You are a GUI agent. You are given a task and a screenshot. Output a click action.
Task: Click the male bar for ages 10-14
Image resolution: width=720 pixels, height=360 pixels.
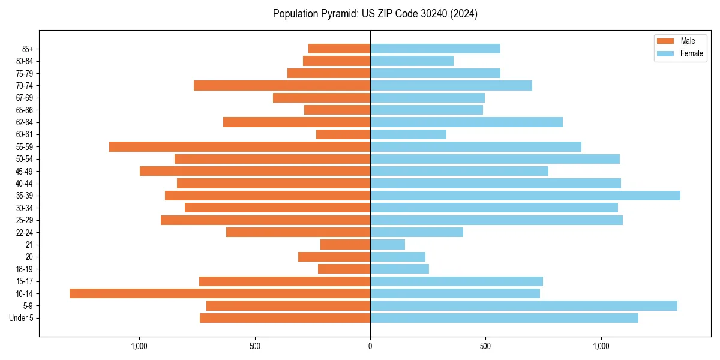coord(220,293)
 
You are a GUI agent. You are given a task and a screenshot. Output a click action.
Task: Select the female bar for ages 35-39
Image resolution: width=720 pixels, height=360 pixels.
coord(525,196)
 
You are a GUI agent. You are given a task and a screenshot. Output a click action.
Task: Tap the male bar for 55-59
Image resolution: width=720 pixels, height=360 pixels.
coord(239,146)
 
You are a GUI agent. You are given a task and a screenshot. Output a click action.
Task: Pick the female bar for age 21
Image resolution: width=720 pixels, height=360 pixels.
coord(388,244)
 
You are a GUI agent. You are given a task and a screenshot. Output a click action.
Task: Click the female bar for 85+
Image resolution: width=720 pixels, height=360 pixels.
coord(435,49)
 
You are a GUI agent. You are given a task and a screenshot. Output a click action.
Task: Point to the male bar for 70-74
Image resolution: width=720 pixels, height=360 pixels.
coord(282,85)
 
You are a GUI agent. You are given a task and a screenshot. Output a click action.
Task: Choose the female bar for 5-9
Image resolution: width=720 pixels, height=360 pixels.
coord(524,305)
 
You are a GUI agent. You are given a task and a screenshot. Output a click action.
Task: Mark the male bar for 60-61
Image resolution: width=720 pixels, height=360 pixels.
coord(343,134)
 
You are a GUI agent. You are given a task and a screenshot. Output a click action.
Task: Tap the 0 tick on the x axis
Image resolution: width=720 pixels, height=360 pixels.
coord(370,346)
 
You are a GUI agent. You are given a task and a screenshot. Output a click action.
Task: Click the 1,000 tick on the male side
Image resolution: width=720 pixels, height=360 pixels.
coord(139,346)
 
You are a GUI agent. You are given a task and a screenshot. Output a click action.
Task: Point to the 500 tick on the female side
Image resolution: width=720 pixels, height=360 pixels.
coord(485,346)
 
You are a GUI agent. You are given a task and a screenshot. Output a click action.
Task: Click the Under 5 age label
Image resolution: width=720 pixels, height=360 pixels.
coord(21,318)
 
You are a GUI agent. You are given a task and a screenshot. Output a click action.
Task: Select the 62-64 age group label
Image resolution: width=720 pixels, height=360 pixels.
coord(25,122)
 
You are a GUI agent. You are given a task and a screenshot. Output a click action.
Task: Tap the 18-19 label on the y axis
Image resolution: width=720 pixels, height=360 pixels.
coord(25,269)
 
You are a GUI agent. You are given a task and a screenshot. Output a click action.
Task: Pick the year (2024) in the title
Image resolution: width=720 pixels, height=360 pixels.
coord(464,14)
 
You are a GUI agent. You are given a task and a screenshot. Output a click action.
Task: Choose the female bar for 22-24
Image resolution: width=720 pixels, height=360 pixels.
coord(416,232)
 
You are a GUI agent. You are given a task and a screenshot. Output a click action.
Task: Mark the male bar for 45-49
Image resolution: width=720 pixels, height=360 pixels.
coord(255,171)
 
